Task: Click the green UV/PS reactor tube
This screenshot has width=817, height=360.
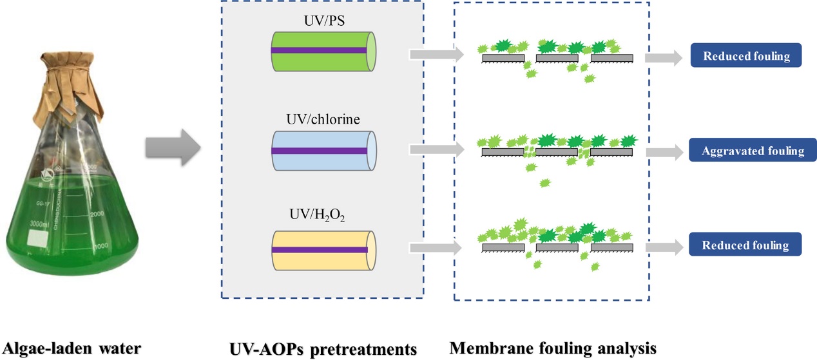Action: pyautogui.click(x=323, y=50)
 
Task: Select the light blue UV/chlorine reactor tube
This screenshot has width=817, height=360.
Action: pyautogui.click(x=323, y=150)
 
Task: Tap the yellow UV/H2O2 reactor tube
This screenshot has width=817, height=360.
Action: pyautogui.click(x=323, y=249)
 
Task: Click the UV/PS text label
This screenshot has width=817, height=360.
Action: pyautogui.click(x=322, y=21)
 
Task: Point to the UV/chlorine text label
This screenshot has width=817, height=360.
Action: pyautogui.click(x=322, y=120)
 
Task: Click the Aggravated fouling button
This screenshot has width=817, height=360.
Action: pyautogui.click(x=753, y=151)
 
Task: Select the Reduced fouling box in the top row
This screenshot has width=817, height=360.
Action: pyautogui.click(x=746, y=56)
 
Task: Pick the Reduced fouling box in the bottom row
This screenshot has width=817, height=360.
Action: pyautogui.click(x=745, y=245)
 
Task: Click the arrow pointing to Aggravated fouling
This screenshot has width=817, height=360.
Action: pyautogui.click(x=664, y=152)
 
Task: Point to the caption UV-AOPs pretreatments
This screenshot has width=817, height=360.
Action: pyautogui.click(x=323, y=348)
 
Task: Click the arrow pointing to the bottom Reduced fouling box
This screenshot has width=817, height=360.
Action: pyautogui.click(x=664, y=246)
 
